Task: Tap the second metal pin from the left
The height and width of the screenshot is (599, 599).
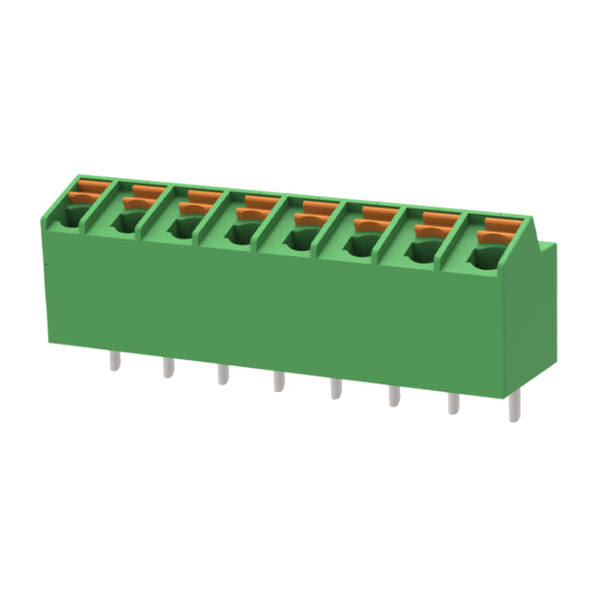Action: (x=167, y=366)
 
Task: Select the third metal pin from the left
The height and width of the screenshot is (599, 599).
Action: (x=221, y=372)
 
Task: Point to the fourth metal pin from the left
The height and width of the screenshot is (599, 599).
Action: (x=278, y=380)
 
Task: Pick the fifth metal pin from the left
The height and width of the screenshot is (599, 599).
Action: (x=335, y=388)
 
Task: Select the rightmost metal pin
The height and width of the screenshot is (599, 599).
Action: (x=514, y=409)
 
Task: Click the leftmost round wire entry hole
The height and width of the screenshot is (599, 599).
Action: (x=70, y=215)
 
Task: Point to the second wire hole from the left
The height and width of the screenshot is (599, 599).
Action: (x=126, y=222)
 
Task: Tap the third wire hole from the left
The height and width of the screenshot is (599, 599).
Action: (x=183, y=228)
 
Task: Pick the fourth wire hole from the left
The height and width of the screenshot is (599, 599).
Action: (x=239, y=236)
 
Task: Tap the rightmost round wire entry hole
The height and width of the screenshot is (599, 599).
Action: (x=480, y=261)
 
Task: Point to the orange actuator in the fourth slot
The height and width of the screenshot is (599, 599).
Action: (x=255, y=208)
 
